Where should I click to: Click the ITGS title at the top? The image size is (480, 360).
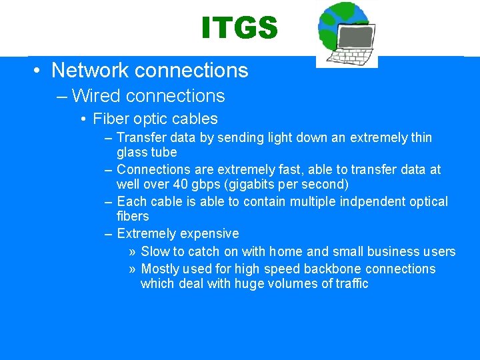[x=239, y=28]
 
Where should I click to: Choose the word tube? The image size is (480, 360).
[x=164, y=153]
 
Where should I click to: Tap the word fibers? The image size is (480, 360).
[x=133, y=217]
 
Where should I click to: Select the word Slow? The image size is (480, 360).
[x=155, y=252]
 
